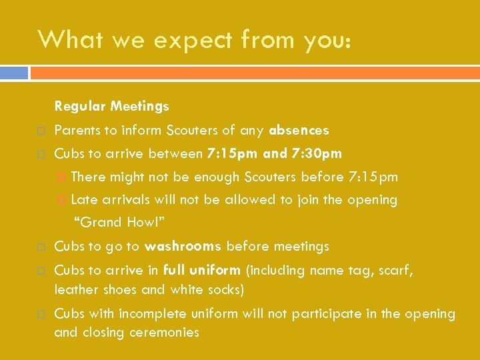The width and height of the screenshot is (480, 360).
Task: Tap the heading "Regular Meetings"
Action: [x=111, y=106]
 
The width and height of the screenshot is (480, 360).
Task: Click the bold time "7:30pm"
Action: [x=317, y=154]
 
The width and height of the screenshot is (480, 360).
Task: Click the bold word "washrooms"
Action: [x=183, y=247]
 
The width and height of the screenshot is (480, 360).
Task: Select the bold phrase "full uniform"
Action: [x=201, y=270]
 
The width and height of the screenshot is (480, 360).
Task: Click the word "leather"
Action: [x=75, y=289]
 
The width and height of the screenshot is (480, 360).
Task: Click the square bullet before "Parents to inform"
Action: [x=41, y=131]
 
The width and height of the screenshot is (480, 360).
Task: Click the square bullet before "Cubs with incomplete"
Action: [x=41, y=314]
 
